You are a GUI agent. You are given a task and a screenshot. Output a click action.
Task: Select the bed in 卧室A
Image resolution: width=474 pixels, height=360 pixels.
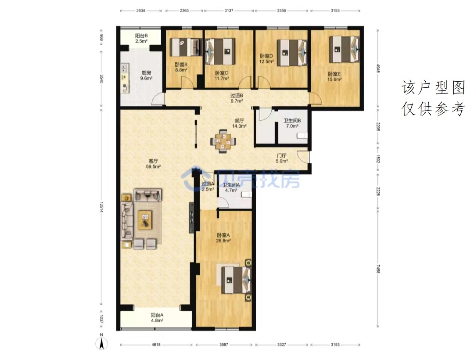point(235,280)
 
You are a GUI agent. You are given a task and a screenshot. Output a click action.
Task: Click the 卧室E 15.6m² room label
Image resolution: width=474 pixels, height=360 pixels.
point(334,77)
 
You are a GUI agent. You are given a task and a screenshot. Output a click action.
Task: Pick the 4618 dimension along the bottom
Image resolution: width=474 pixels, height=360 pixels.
point(156,344)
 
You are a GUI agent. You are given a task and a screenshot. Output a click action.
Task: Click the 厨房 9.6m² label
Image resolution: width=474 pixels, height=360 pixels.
point(146,76)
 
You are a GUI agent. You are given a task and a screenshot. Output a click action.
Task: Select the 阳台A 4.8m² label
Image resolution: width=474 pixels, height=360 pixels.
point(157,318)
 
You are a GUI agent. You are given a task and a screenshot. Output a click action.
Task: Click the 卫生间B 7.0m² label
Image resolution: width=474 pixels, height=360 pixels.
point(292,123)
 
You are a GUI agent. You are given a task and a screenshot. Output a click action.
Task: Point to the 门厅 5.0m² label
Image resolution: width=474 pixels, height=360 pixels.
point(281,158)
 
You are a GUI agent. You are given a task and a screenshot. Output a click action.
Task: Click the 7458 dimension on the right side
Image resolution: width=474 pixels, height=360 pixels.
point(378,269)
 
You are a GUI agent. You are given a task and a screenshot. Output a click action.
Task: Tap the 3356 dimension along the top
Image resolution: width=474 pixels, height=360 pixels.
point(281,11)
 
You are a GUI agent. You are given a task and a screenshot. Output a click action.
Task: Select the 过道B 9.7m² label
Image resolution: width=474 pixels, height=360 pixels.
point(237,98)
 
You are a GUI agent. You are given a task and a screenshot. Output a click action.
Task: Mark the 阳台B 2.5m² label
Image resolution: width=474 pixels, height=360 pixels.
point(141,38)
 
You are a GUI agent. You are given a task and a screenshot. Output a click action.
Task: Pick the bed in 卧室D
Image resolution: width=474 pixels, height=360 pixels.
point(292,53)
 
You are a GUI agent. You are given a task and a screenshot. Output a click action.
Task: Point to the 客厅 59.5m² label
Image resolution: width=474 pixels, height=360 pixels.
point(153,164)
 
